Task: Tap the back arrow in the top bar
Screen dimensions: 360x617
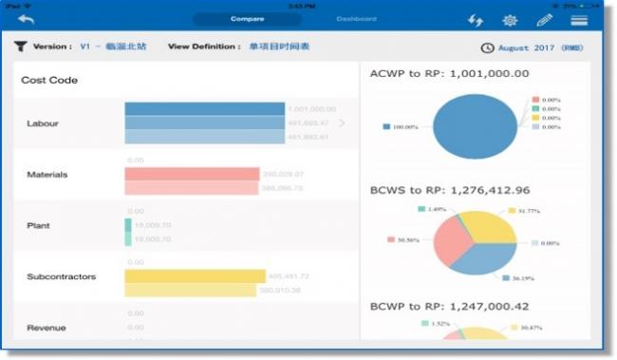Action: [26, 20]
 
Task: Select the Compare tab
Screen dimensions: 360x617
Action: [246, 19]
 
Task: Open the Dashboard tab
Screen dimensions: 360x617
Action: [356, 19]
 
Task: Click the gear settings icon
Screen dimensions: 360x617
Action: [510, 20]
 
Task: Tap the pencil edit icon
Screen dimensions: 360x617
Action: [544, 20]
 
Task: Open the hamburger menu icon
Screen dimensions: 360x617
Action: [578, 20]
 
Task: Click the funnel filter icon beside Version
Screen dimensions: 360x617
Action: [21, 46]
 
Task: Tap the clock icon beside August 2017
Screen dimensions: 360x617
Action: [487, 47]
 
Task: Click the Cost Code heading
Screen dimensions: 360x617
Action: [49, 81]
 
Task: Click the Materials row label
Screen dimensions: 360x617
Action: [47, 175]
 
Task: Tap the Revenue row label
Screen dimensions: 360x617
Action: [47, 328]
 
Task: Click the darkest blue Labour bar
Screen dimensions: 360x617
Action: [204, 109]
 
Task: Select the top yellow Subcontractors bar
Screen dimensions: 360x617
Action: [195, 275]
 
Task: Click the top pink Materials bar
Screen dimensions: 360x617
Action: [192, 174]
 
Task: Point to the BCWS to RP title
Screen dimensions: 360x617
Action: [449, 190]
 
